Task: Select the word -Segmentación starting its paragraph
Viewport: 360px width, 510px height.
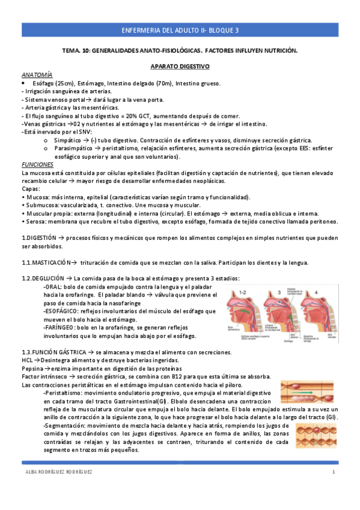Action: (67, 425)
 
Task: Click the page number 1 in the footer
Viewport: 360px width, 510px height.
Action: (333, 472)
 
